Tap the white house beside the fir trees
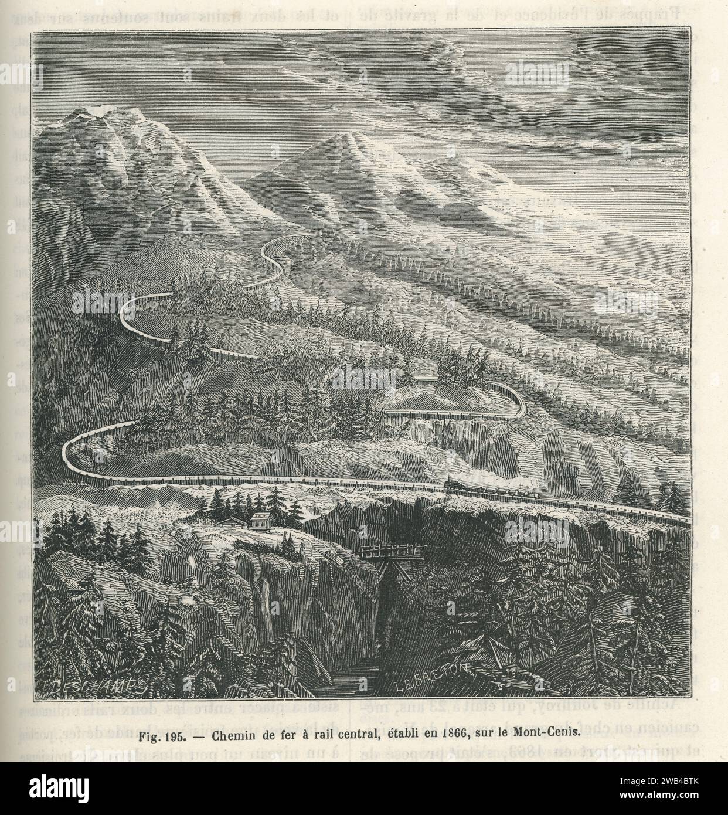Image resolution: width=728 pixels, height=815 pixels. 261,519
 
